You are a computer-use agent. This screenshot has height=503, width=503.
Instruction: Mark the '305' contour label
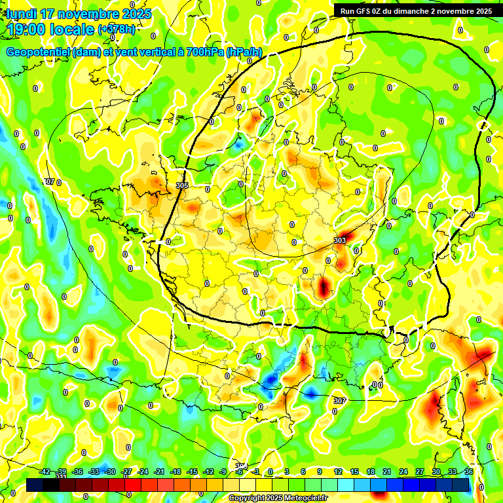pos(182,185)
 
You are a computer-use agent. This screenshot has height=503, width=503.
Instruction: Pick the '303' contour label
pos(340,241)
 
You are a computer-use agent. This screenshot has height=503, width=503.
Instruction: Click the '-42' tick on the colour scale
pos(45,472)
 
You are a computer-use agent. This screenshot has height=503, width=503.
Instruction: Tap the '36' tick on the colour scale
pos(469,472)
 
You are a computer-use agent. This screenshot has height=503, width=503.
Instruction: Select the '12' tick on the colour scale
pos(338,472)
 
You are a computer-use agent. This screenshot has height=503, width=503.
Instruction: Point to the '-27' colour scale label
pos(126,472)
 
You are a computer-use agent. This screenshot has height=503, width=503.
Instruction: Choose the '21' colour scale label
pos(387,472)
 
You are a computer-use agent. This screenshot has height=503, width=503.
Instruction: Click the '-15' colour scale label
pos(192,472)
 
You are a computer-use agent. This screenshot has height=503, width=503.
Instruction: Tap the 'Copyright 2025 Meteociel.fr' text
pos(278,498)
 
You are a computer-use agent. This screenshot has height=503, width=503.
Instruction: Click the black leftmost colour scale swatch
pos(35,485)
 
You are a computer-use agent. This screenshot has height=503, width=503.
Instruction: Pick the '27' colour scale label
pos(420,472)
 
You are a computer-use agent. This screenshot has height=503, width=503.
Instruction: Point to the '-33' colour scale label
pos(94,472)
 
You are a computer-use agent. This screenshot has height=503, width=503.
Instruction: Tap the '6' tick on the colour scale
pos(303,472)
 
